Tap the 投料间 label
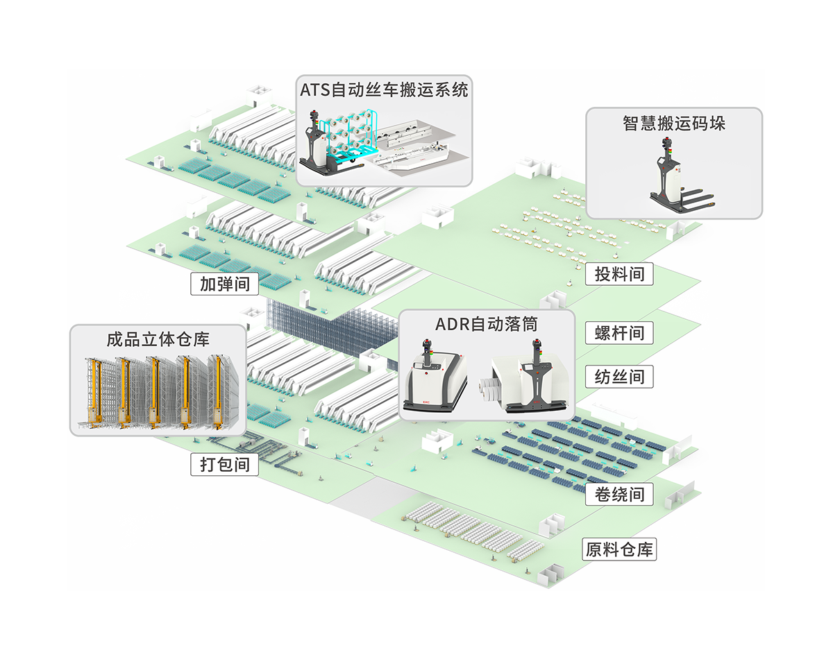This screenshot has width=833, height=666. [x=619, y=274]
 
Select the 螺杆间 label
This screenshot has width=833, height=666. [x=619, y=333]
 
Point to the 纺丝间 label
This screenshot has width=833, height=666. [x=619, y=377]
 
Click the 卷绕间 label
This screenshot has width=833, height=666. [x=619, y=495]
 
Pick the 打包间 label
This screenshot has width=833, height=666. [x=224, y=464]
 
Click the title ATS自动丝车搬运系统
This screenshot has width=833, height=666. [x=384, y=89]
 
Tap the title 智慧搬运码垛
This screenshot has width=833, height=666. [x=673, y=123]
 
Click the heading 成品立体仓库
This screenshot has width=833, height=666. [x=158, y=339]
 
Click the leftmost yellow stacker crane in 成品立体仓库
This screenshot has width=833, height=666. [x=93, y=392]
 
